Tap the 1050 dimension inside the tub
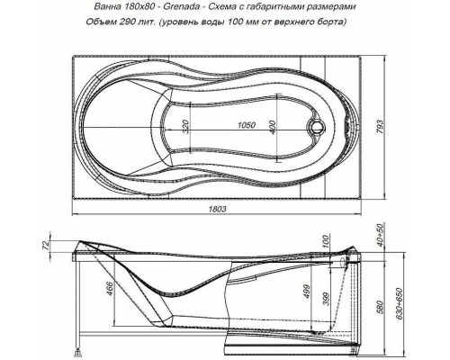(x=237, y=126)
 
